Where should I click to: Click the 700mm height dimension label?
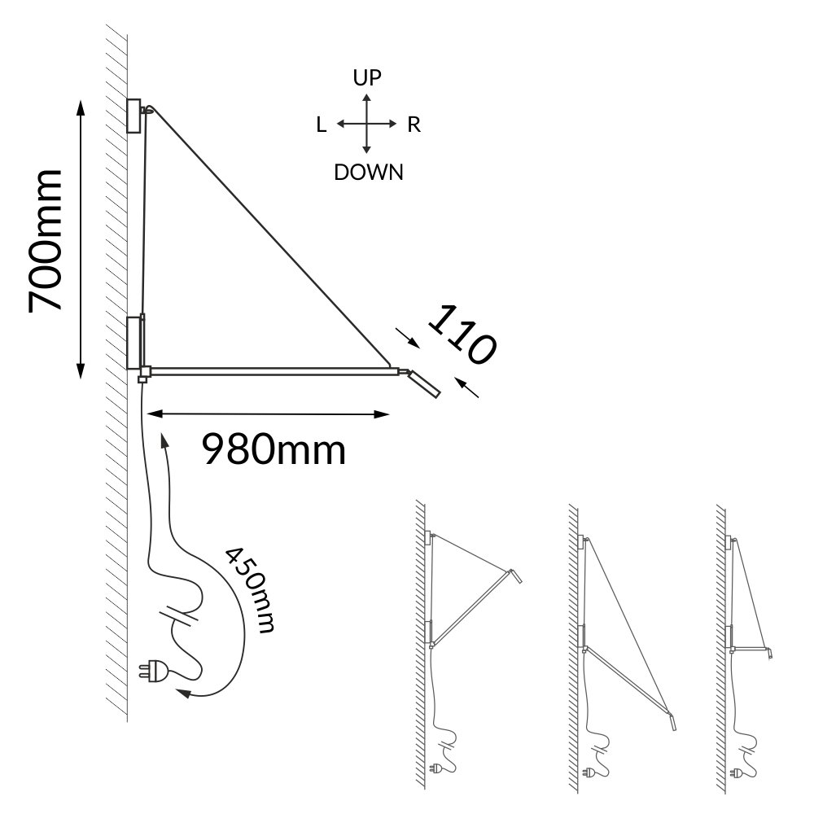tap(46, 241)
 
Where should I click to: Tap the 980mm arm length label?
tap(274, 449)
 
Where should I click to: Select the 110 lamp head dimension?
tap(462, 335)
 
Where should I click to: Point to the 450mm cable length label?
tap(250, 589)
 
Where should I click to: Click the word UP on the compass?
tap(367, 78)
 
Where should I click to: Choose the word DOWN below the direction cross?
tap(369, 173)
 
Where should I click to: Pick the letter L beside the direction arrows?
tap(322, 125)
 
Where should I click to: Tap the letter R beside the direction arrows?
tap(414, 125)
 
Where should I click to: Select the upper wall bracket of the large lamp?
tap(134, 116)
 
